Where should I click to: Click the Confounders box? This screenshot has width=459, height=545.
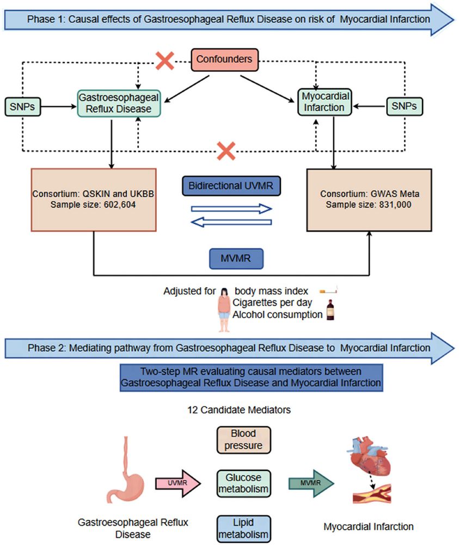(x=224, y=58)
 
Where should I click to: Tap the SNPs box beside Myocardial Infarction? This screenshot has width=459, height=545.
(x=403, y=107)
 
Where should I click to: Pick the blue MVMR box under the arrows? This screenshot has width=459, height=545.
(x=236, y=259)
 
